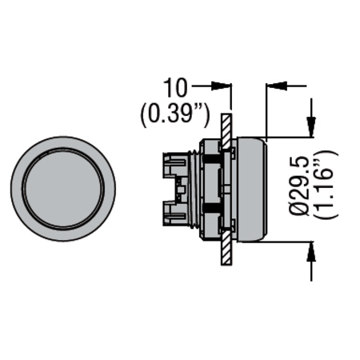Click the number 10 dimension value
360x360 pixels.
(174, 88)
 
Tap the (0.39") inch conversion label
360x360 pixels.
(175, 116)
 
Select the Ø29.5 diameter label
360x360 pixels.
(300, 186)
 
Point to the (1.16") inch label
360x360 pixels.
(326, 185)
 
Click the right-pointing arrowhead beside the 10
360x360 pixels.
(221, 86)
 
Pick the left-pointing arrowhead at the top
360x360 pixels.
(276, 86)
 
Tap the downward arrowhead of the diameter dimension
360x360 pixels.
(311, 127)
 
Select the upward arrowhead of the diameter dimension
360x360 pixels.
(311, 251)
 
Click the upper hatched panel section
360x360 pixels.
(226, 131)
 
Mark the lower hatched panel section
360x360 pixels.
(226, 248)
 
